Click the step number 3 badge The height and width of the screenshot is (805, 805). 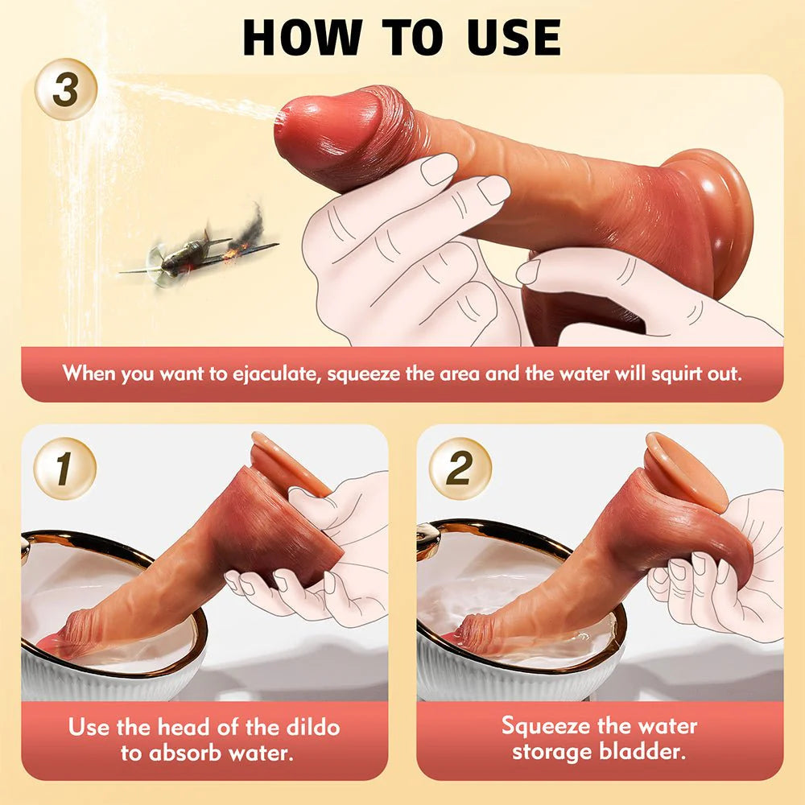click(66, 89)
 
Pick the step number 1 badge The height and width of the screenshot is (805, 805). click(65, 469)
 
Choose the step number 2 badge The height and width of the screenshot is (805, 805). click(459, 469)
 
